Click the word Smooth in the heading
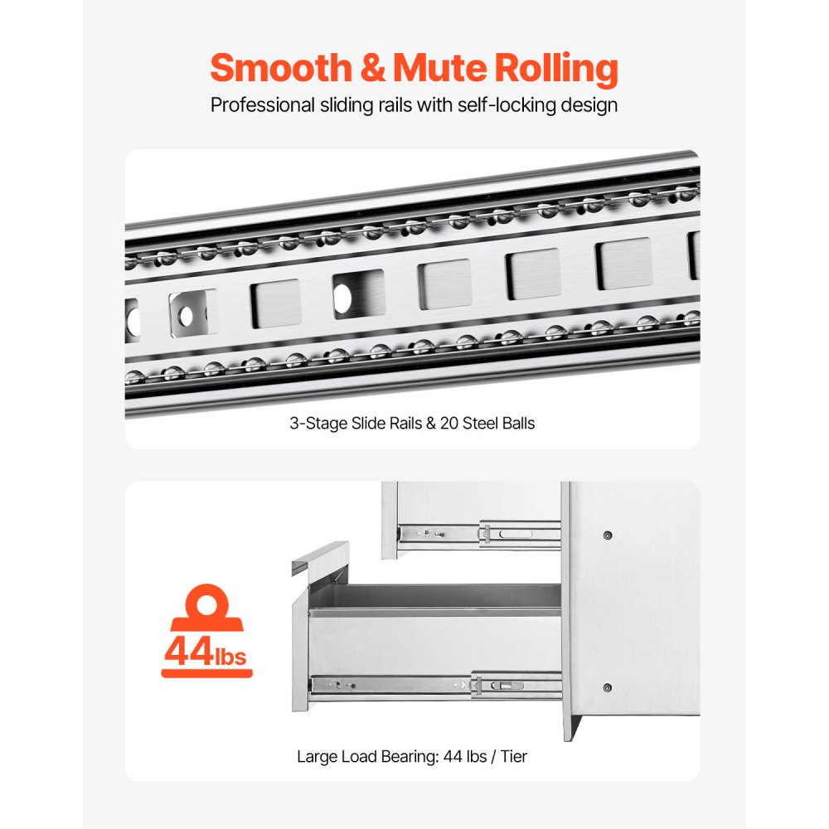point(281,68)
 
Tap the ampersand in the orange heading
point(373,68)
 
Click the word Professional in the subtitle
point(262,104)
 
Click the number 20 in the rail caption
point(448,424)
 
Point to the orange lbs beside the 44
point(230,656)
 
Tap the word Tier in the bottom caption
point(513,757)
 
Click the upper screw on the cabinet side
point(608,536)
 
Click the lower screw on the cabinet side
point(608,688)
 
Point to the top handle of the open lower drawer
point(320,558)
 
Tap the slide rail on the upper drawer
point(479,534)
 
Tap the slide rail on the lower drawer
point(436,686)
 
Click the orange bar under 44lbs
point(206,673)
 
